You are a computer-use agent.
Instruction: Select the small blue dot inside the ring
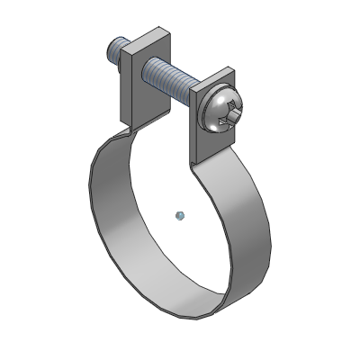point(180,214)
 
